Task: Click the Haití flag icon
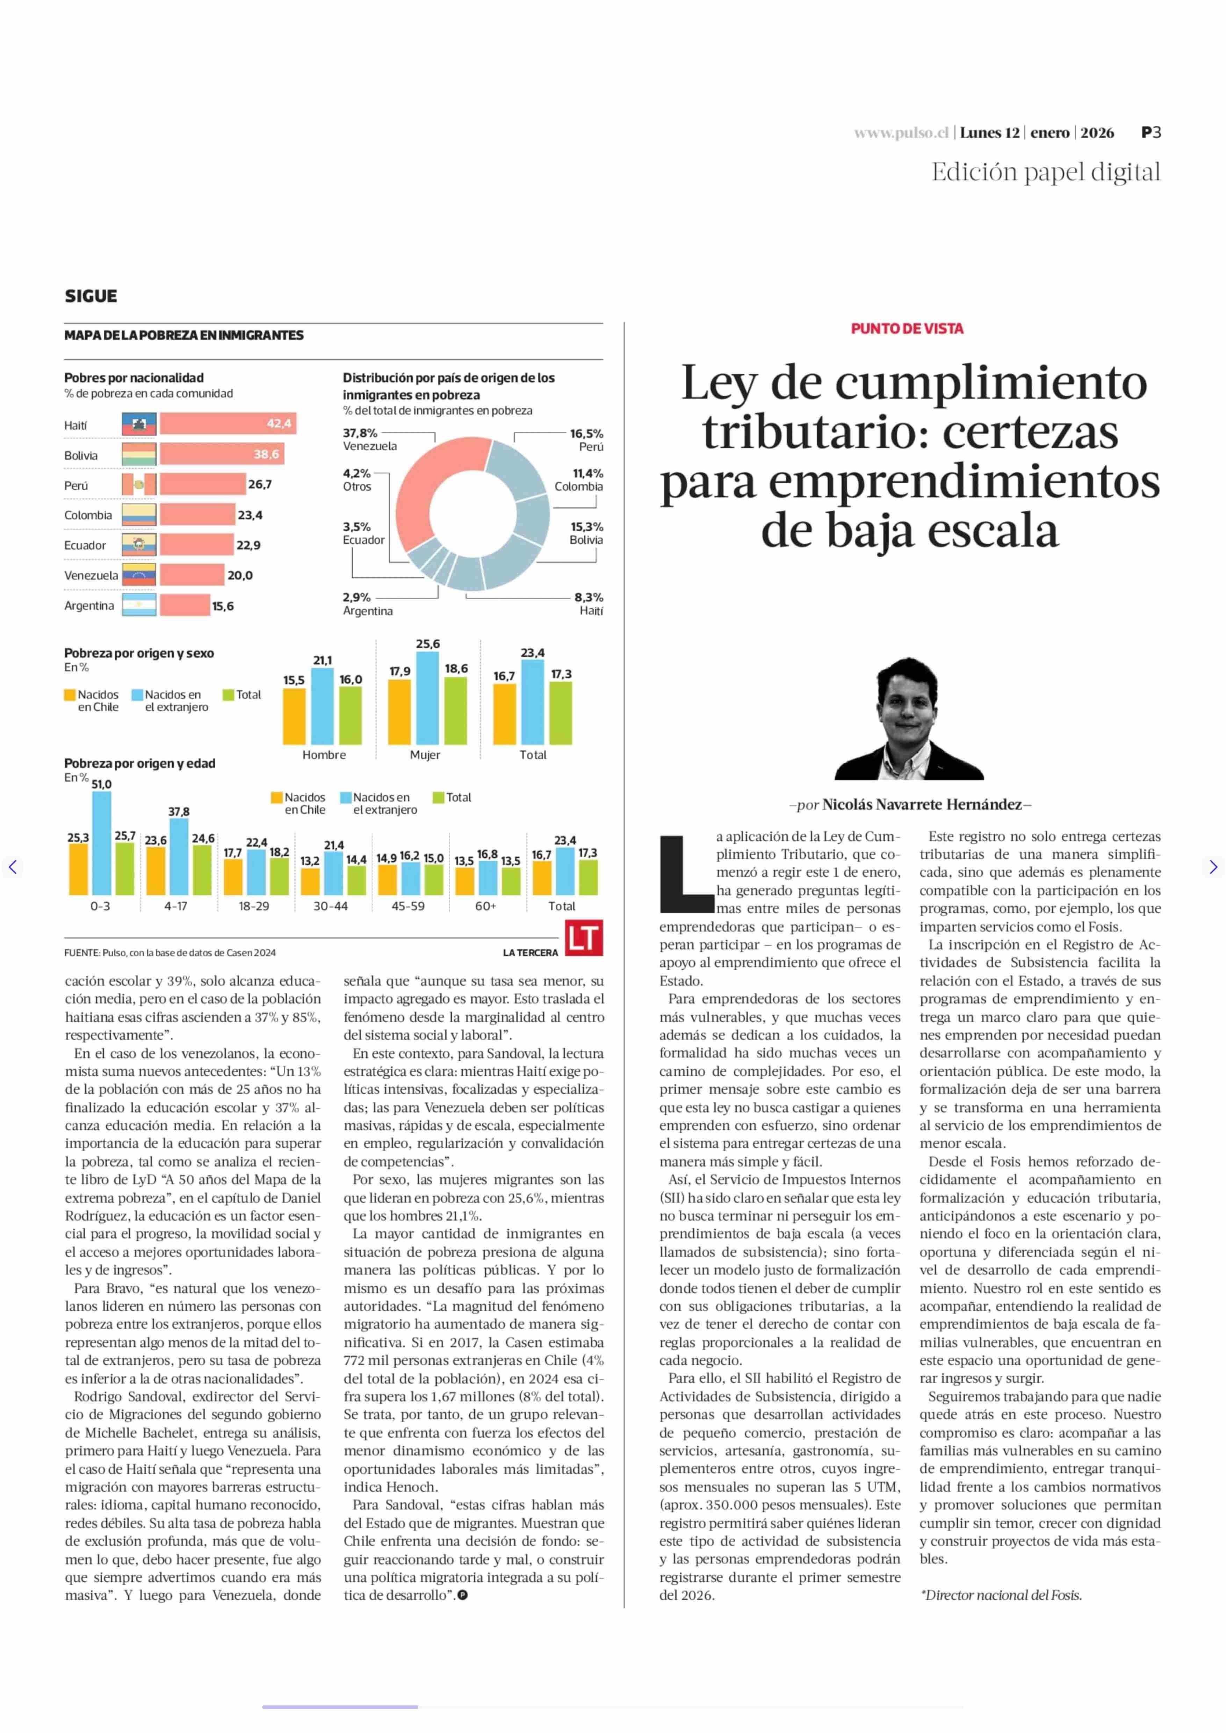point(139,424)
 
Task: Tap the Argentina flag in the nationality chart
point(139,605)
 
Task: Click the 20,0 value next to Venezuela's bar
point(240,575)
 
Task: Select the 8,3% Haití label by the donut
point(589,603)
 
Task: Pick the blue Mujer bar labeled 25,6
point(427,698)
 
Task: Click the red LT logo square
point(584,938)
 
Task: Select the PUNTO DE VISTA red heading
point(907,329)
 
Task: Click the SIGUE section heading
point(91,296)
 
